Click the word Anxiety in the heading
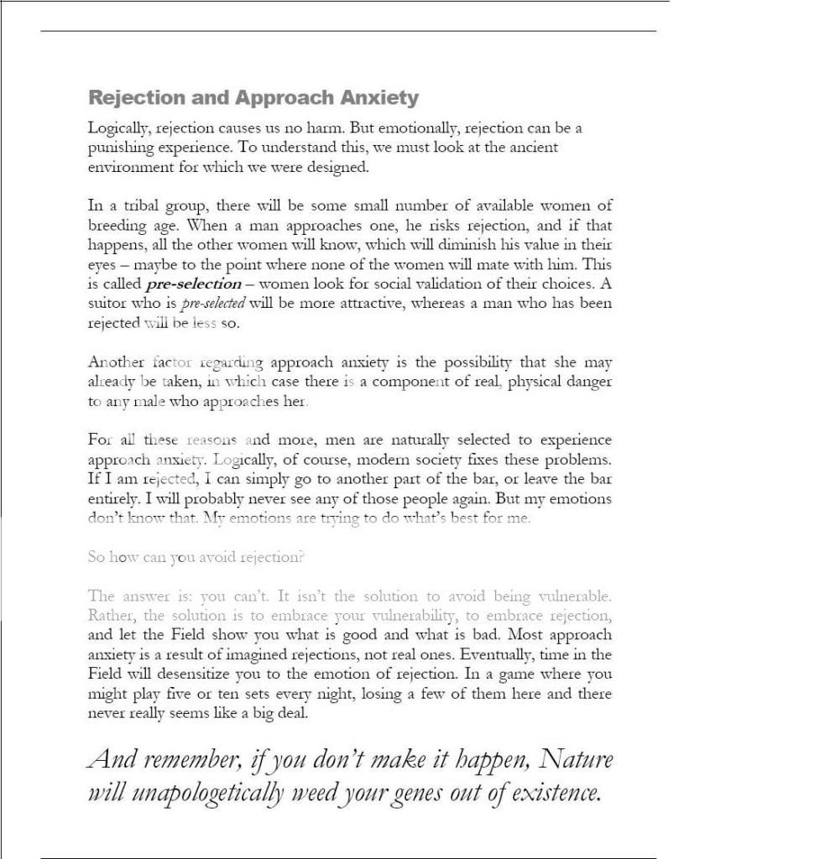(x=379, y=98)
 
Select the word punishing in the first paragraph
(x=120, y=148)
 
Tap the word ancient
(x=532, y=147)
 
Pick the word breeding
(x=117, y=226)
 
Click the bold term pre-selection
(x=193, y=284)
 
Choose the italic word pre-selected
(x=213, y=304)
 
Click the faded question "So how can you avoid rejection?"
(x=196, y=558)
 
